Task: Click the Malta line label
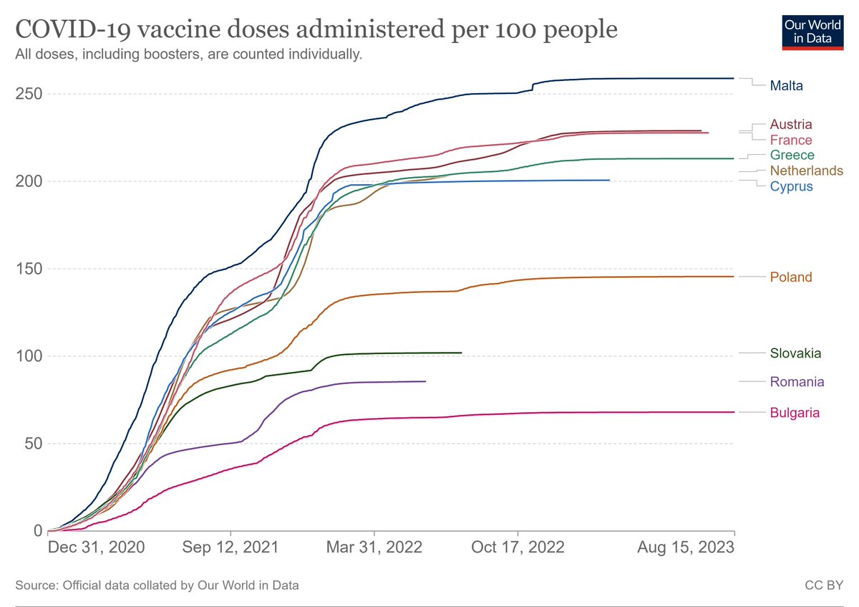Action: (786, 86)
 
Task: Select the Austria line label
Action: (791, 124)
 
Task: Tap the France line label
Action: (791, 140)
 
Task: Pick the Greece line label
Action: (792, 155)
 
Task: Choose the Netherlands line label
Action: (806, 171)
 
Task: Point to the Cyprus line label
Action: (791, 186)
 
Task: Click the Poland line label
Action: (791, 277)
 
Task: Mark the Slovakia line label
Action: (795, 353)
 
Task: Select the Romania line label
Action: (797, 381)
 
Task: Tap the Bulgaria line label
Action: (795, 412)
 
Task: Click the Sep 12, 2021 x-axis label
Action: (230, 548)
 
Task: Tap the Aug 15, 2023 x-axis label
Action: (686, 548)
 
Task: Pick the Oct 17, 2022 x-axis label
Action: (517, 548)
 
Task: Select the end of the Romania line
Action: (426, 381)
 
